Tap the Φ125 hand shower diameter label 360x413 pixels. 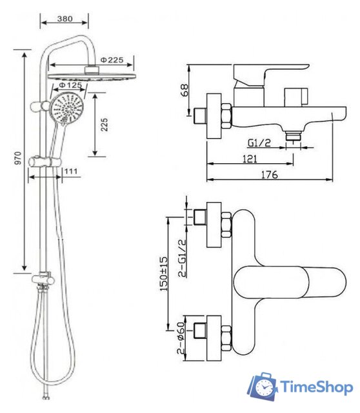[x=69, y=85]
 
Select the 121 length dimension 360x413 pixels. [x=252, y=158]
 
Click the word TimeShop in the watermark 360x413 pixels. [x=316, y=387]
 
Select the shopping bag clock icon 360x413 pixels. [x=263, y=385]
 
